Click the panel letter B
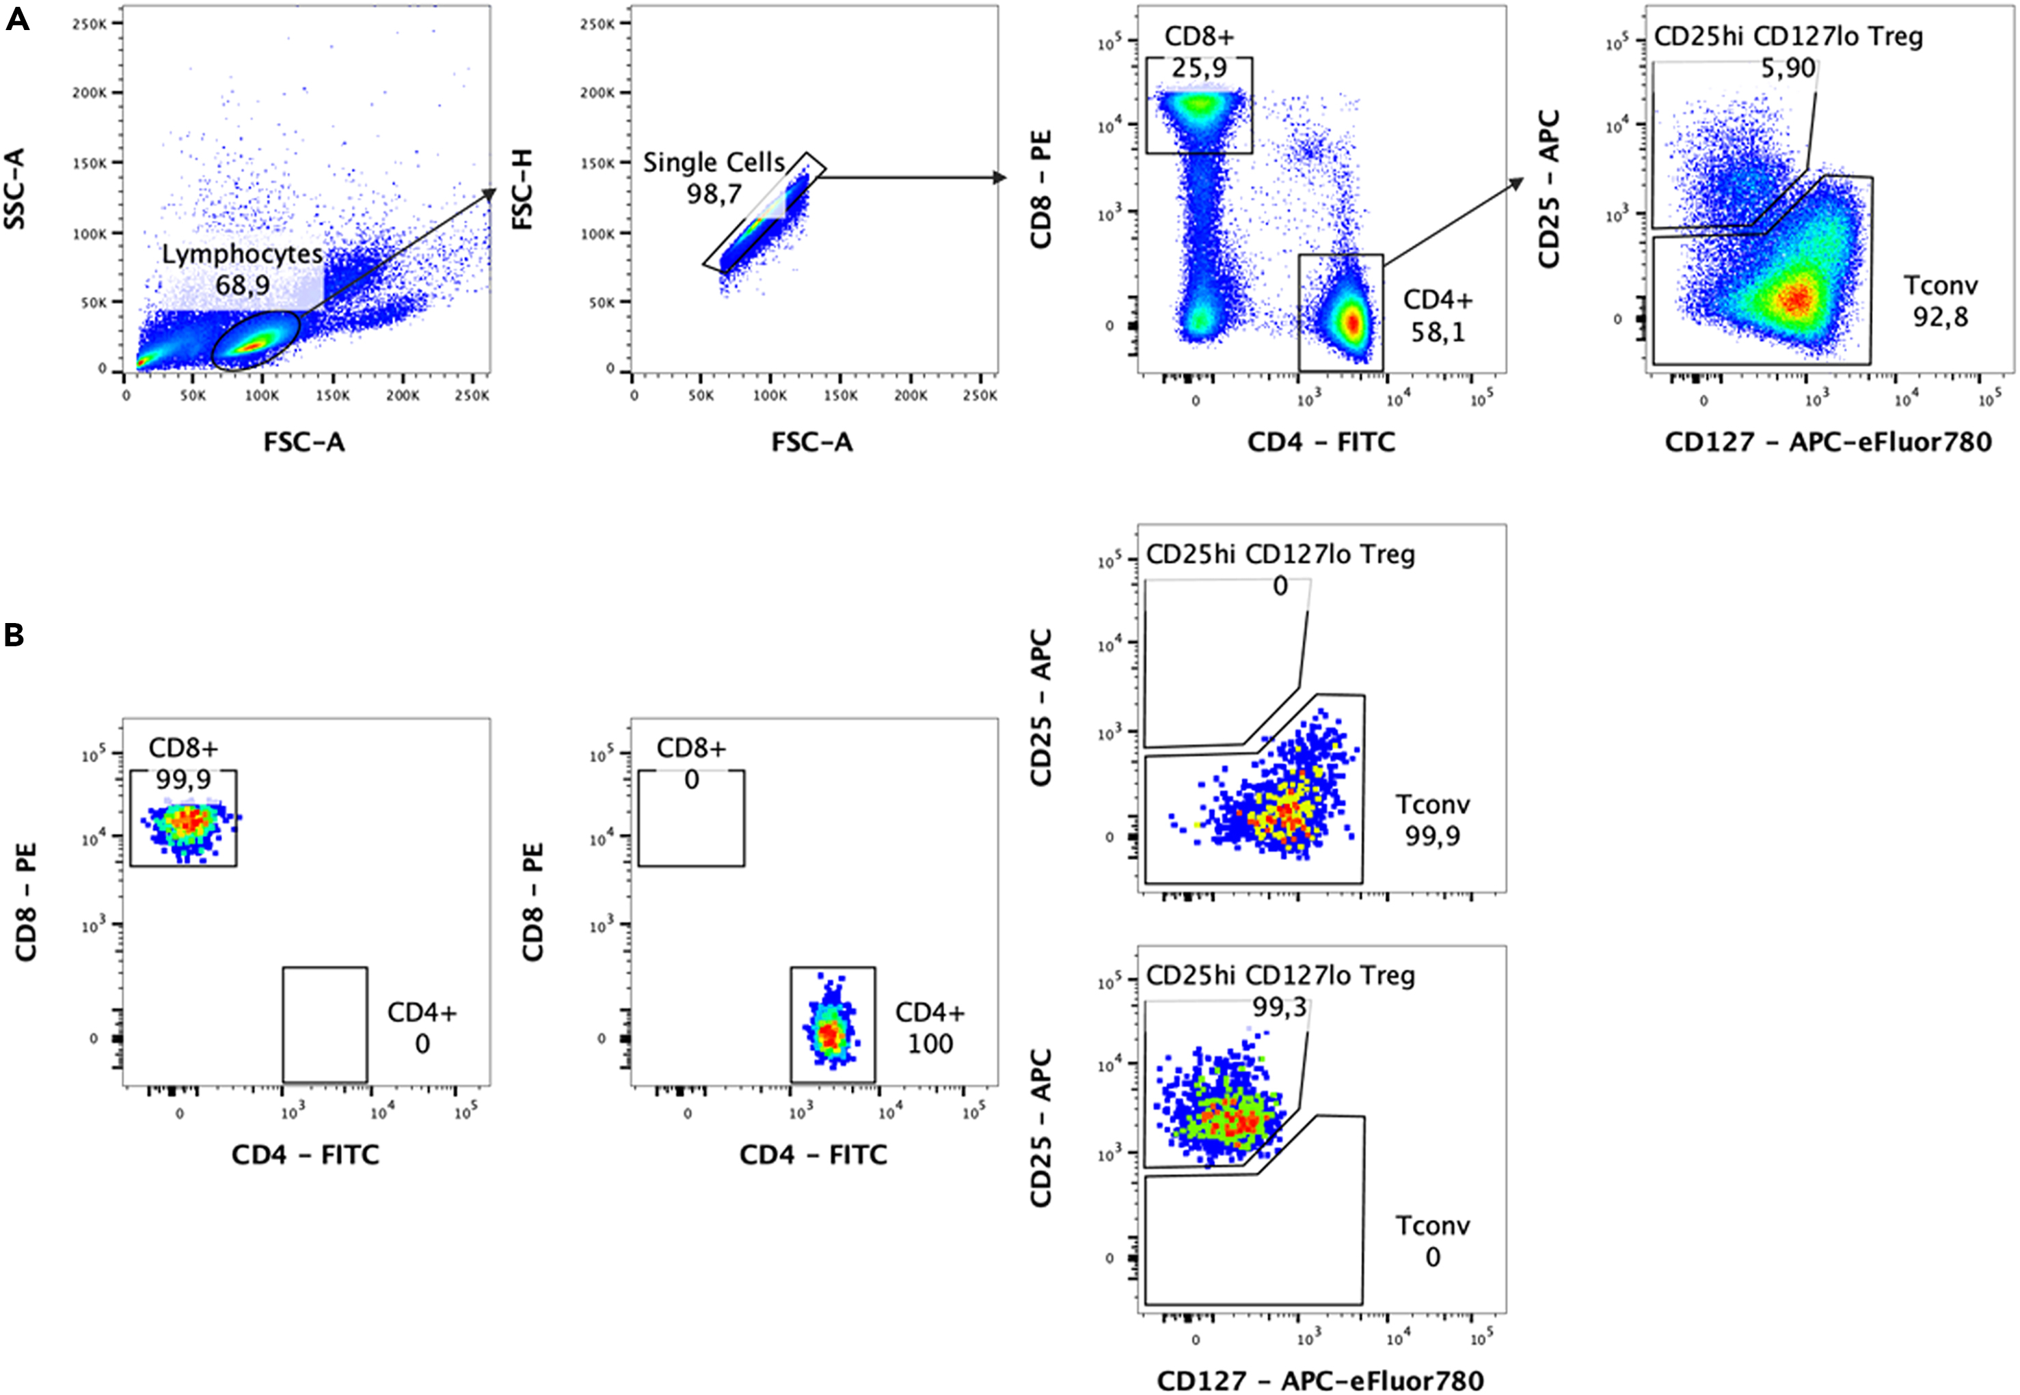tap(14, 635)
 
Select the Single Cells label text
tap(714, 163)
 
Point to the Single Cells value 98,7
tap(714, 193)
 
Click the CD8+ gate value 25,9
tap(1199, 68)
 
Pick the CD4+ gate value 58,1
tap(1438, 332)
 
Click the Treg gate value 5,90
tap(1788, 68)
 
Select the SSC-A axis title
tap(15, 189)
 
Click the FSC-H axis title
tap(523, 189)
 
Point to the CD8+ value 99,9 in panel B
tap(183, 779)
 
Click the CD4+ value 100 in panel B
tap(930, 1044)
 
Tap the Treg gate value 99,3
tap(1280, 1008)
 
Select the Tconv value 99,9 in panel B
tap(1431, 836)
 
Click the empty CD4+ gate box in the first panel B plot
tap(325, 1025)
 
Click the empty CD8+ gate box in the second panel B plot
tap(691, 827)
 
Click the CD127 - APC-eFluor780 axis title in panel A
tap(1828, 442)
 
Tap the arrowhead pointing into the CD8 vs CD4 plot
tap(999, 178)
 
